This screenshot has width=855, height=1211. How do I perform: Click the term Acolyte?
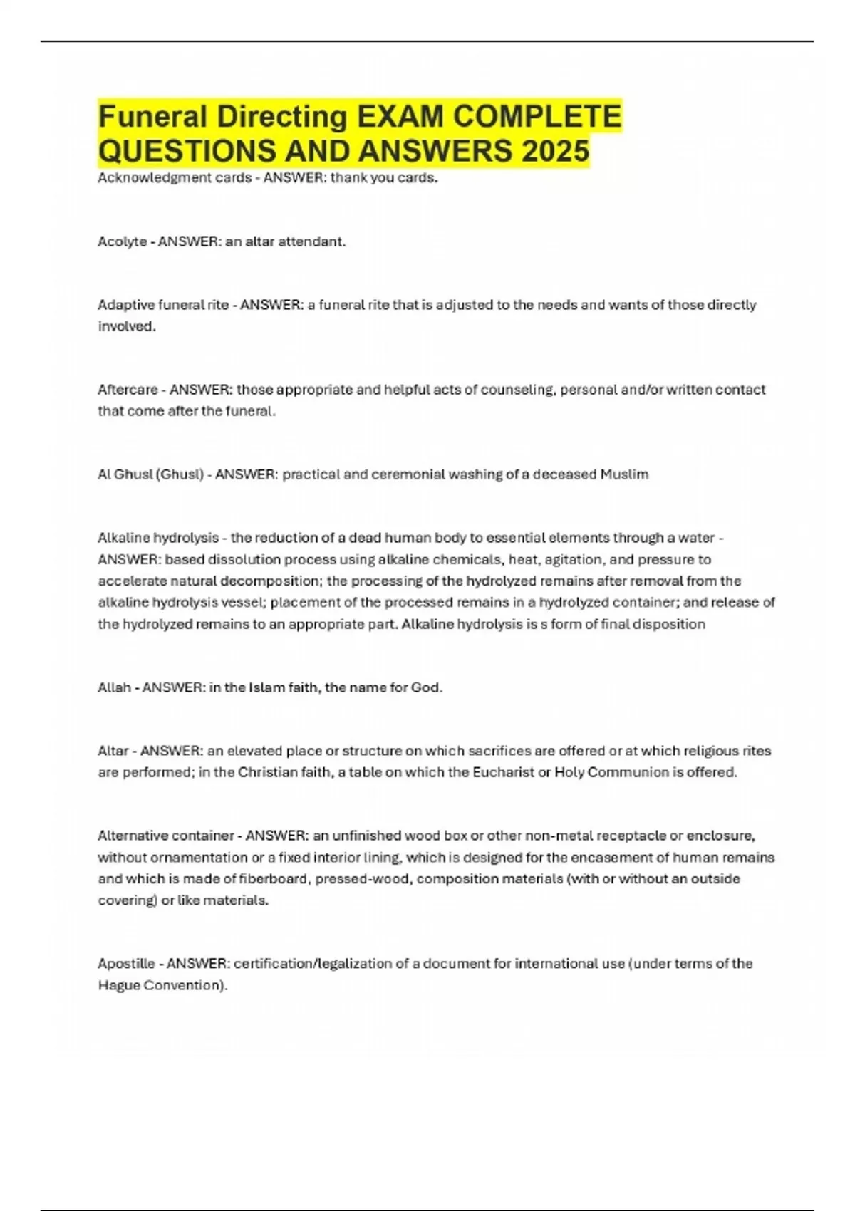pyautogui.click(x=122, y=241)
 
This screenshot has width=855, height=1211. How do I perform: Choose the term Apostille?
pyautogui.click(x=126, y=964)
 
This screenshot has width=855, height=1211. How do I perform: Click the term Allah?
pyautogui.click(x=114, y=688)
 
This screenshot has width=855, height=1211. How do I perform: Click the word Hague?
pyautogui.click(x=118, y=985)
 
